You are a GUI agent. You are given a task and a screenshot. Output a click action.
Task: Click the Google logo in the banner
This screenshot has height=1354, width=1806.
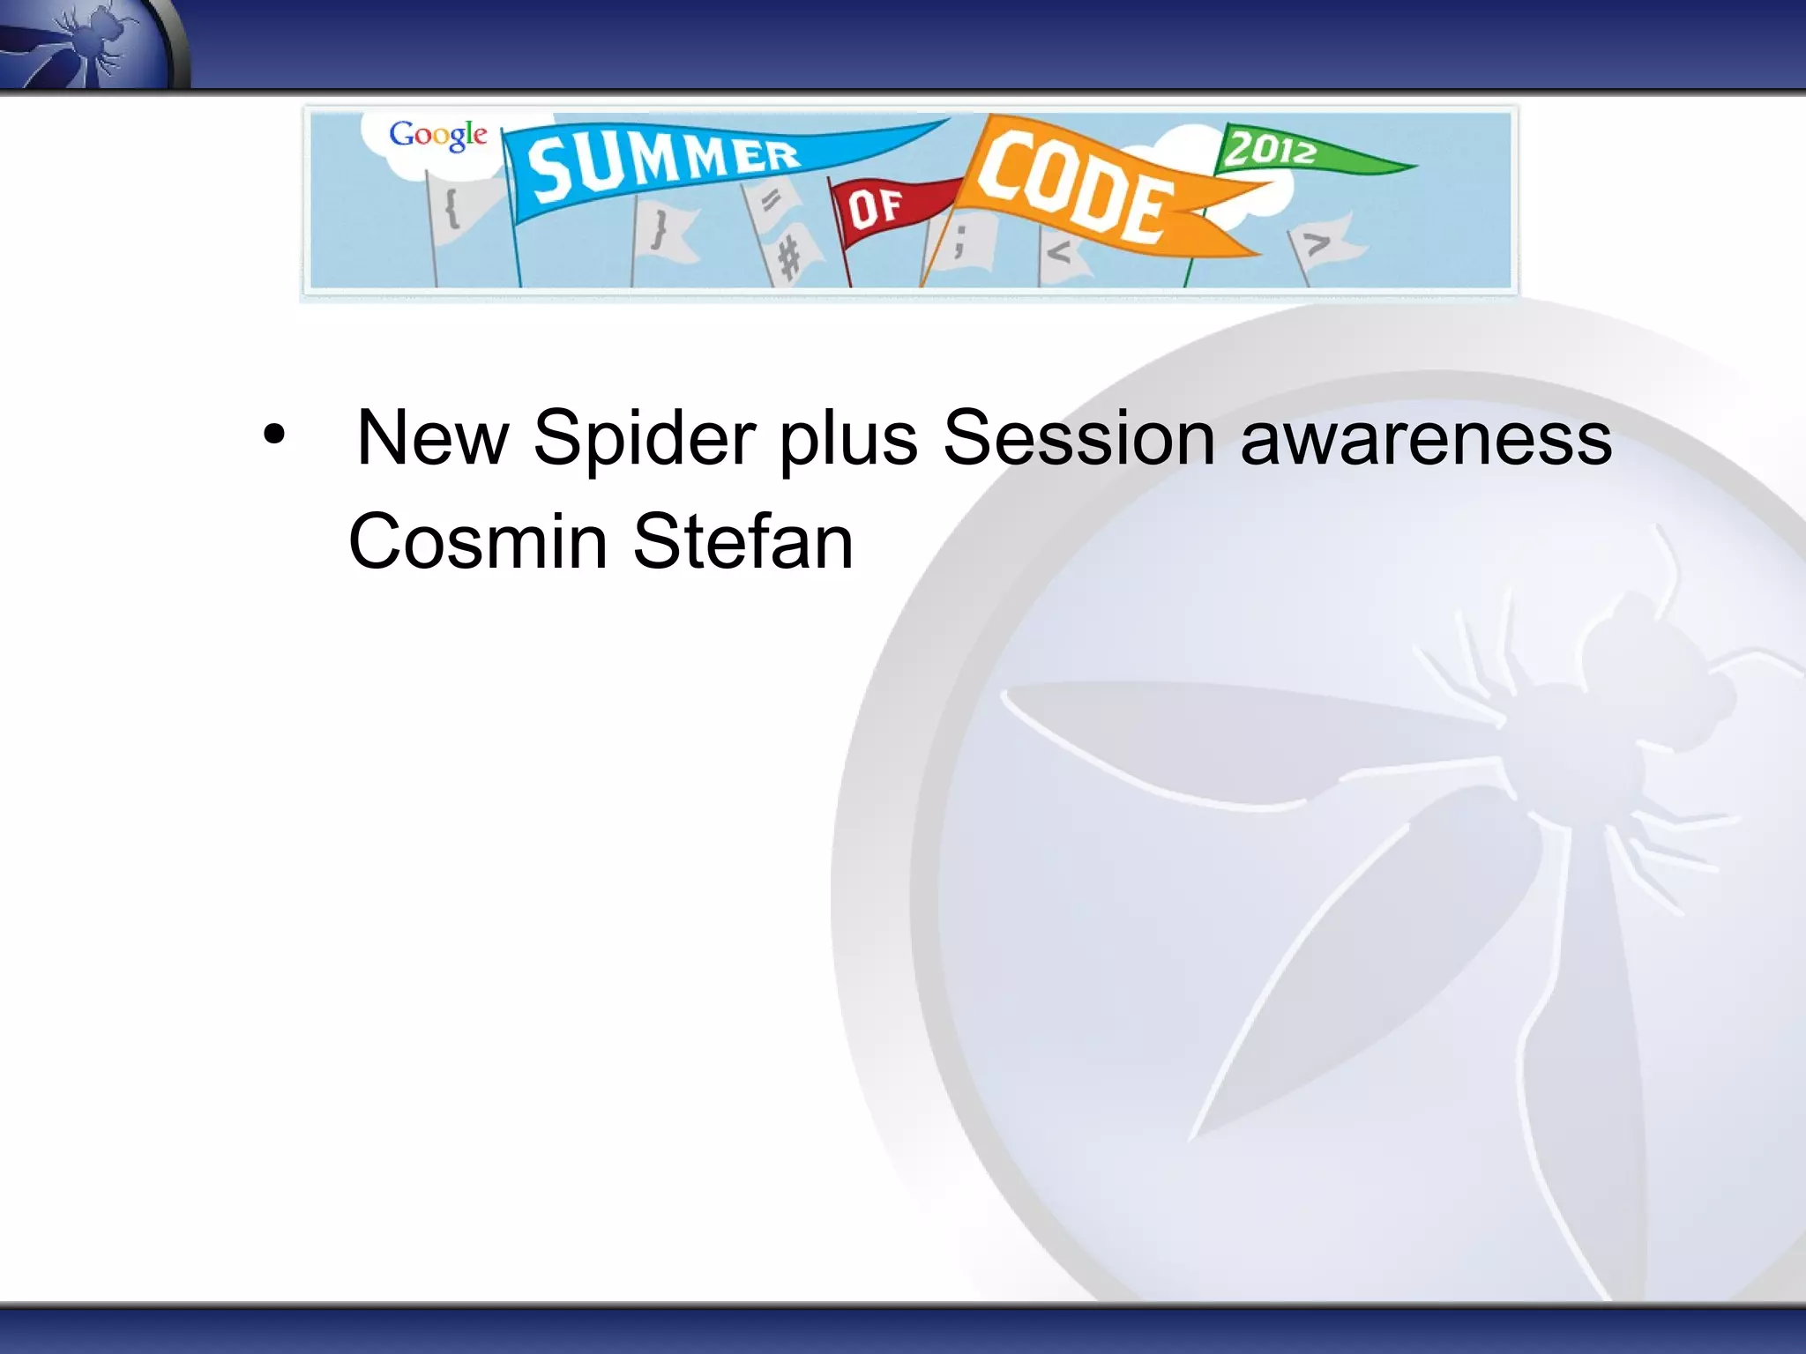[x=437, y=135]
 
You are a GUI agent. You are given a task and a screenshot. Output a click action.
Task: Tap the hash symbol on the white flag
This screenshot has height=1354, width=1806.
[x=790, y=260]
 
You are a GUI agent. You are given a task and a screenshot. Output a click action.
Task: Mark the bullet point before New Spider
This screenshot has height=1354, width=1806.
[x=274, y=435]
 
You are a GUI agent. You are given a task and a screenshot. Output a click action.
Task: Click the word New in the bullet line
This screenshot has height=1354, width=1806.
[x=432, y=438]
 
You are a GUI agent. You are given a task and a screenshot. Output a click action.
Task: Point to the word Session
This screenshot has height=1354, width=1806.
[x=1079, y=438]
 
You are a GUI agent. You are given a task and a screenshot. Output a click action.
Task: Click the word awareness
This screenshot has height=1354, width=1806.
[x=1425, y=440]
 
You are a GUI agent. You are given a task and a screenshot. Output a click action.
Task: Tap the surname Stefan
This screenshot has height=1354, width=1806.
[x=743, y=541]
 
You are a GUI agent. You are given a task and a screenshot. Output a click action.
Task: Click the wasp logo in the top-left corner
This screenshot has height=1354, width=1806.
[x=88, y=44]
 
